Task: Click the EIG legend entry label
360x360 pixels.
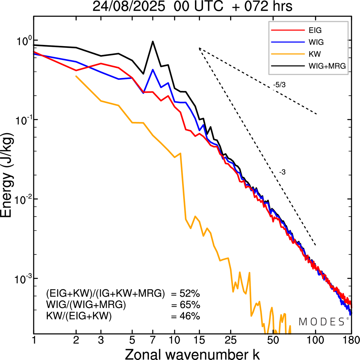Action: tap(315, 30)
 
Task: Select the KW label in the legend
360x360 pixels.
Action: tap(315, 54)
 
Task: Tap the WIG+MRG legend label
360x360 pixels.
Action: tap(327, 66)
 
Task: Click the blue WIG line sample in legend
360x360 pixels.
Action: tap(288, 42)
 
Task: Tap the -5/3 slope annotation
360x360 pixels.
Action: tap(279, 85)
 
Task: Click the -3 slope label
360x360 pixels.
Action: tap(282, 172)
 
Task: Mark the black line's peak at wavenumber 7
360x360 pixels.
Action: tap(153, 42)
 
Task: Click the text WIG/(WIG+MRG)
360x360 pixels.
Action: tap(86, 305)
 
